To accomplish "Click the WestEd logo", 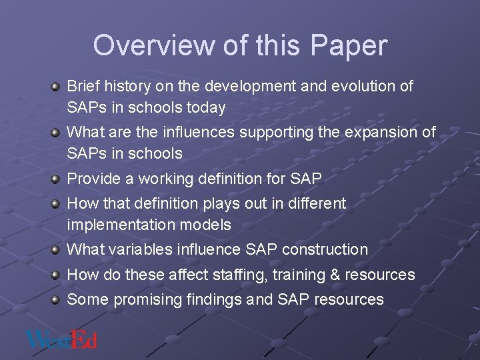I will (61, 339).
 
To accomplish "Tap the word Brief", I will (83, 87).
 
